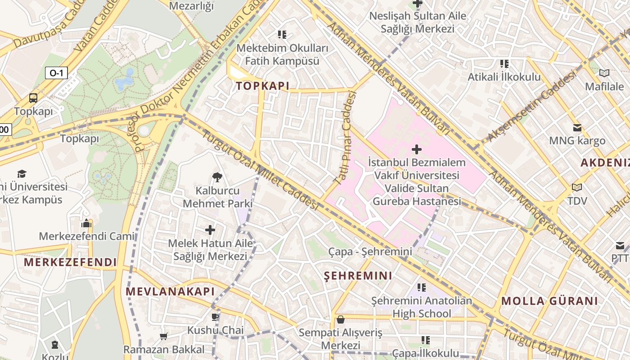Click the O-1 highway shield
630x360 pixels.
click(56, 73)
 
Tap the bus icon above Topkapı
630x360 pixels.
click(33, 98)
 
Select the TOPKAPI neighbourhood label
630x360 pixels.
click(263, 86)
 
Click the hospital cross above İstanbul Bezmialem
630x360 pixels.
click(417, 149)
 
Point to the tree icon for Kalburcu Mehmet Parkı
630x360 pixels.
click(217, 177)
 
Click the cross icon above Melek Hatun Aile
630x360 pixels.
click(210, 230)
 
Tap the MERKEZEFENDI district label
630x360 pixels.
click(70, 262)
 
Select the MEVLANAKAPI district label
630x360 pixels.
click(170, 291)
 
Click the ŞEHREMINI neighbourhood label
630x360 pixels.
click(358, 275)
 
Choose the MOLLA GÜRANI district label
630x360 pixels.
click(549, 301)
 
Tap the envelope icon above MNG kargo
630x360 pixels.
click(577, 128)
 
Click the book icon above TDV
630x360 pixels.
click(577, 187)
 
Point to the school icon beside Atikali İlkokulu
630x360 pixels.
click(504, 64)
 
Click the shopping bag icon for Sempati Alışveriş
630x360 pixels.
click(341, 319)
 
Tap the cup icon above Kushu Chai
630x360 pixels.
click(215, 317)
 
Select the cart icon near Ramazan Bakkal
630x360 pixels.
click(164, 336)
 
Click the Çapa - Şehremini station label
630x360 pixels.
click(370, 252)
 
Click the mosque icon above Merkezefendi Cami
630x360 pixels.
click(86, 223)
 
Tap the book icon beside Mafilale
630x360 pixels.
click(604, 73)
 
